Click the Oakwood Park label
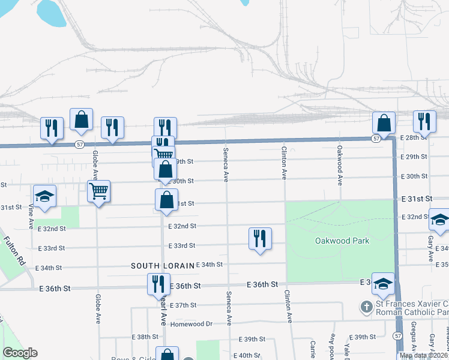tap(342, 241)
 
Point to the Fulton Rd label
tap(15, 252)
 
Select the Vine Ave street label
tap(31, 218)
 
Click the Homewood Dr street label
tap(192, 323)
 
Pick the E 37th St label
tap(183, 305)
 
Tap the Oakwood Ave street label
tap(340, 164)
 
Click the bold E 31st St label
tap(417, 198)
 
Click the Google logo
tap(20, 353)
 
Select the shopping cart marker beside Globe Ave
tap(98, 191)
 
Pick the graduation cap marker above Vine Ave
tap(44, 197)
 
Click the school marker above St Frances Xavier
tap(382, 283)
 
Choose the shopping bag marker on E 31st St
tap(167, 200)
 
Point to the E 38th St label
tap(147, 337)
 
